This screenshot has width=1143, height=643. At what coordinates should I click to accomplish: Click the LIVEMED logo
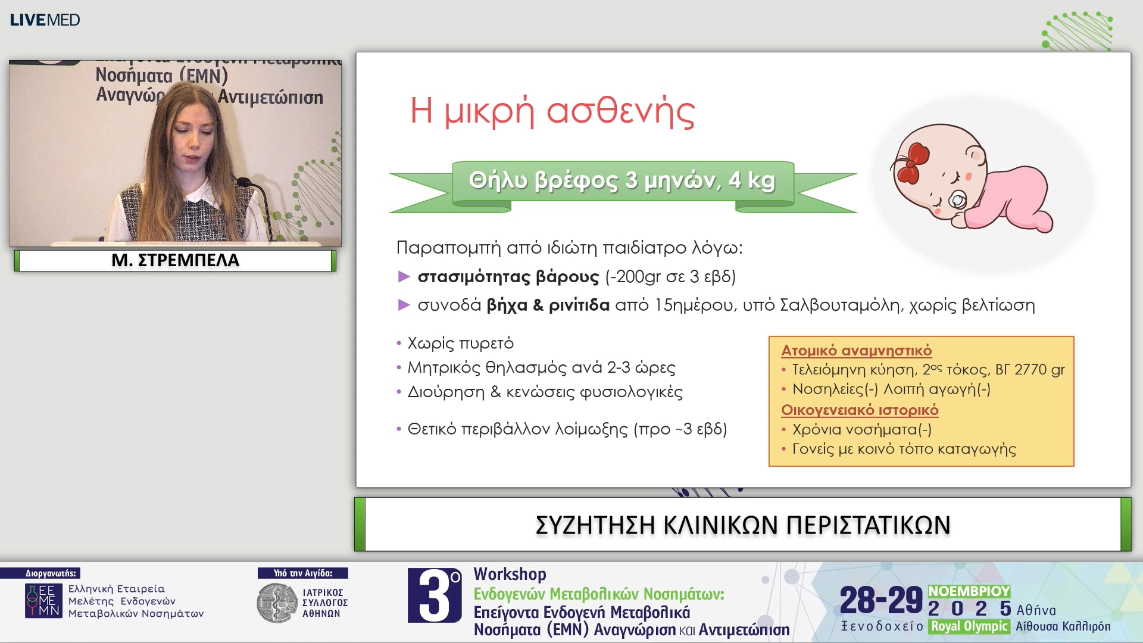click(45, 20)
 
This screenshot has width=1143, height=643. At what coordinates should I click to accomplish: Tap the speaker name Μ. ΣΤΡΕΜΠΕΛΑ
click(175, 260)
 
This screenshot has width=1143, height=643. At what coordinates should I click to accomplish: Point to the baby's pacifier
click(957, 201)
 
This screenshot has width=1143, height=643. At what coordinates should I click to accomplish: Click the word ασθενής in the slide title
click(620, 111)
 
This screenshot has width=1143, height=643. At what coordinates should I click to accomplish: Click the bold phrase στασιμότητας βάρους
click(508, 277)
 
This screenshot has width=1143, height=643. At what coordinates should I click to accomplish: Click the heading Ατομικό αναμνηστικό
click(856, 351)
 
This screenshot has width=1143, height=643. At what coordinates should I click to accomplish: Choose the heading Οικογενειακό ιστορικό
click(859, 410)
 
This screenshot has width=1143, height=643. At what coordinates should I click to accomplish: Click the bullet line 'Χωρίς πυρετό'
click(460, 344)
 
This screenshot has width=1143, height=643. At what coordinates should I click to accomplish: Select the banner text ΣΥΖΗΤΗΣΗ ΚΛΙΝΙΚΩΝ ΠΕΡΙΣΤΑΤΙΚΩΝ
click(742, 525)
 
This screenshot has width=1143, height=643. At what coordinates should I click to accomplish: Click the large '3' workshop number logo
click(435, 595)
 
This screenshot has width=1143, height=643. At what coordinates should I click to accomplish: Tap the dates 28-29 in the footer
click(880, 600)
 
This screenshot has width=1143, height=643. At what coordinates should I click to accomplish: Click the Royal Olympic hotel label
click(969, 626)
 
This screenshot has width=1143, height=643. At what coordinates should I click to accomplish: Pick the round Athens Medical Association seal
click(276, 603)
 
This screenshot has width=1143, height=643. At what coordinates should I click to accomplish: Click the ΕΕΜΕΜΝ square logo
click(43, 601)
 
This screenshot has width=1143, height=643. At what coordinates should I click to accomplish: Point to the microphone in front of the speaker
click(245, 182)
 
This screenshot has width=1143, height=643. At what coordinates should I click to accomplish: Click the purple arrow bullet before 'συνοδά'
click(404, 305)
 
